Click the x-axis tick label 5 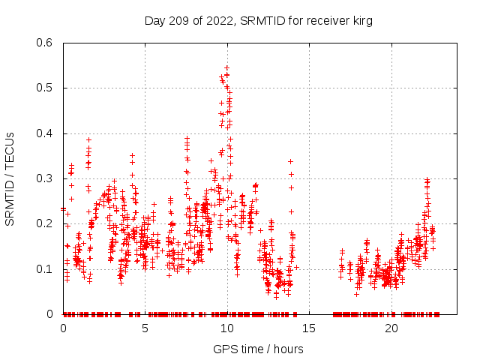pos(145,328)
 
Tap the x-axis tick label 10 pos(227,328)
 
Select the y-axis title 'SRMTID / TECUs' pos(10,178)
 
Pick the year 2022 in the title pos(217,20)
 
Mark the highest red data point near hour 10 pos(226,67)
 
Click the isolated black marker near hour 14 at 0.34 pos(290,161)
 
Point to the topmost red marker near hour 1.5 pos(88,139)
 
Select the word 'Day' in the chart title pos(154,20)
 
